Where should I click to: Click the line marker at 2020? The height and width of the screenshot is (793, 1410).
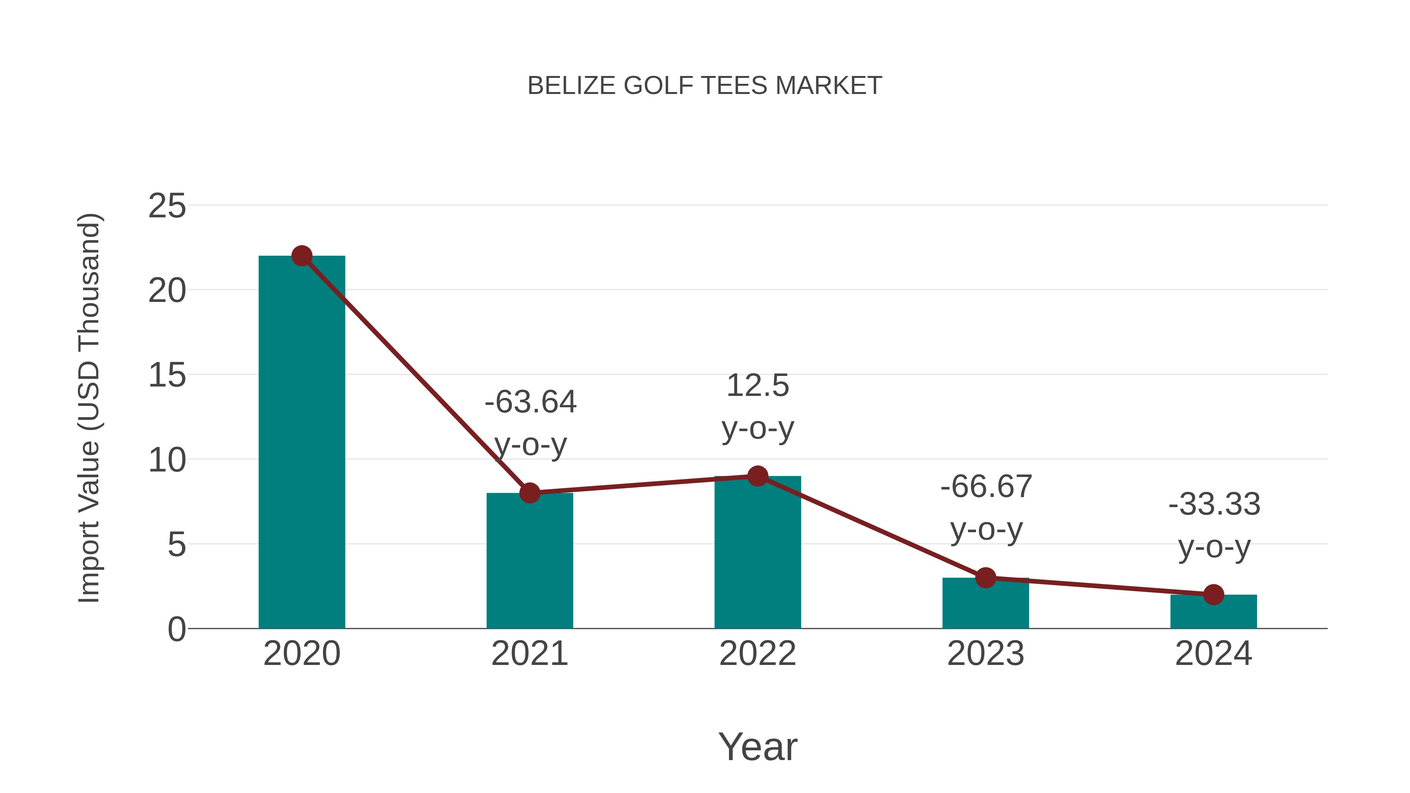(302, 256)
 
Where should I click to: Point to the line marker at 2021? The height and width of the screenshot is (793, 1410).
(529, 493)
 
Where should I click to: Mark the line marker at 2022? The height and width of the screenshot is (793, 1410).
(757, 476)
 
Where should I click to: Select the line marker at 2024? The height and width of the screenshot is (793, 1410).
(1213, 594)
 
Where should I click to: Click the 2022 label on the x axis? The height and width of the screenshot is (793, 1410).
(757, 654)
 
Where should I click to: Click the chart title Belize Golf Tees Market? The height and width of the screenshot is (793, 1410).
(705, 86)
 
